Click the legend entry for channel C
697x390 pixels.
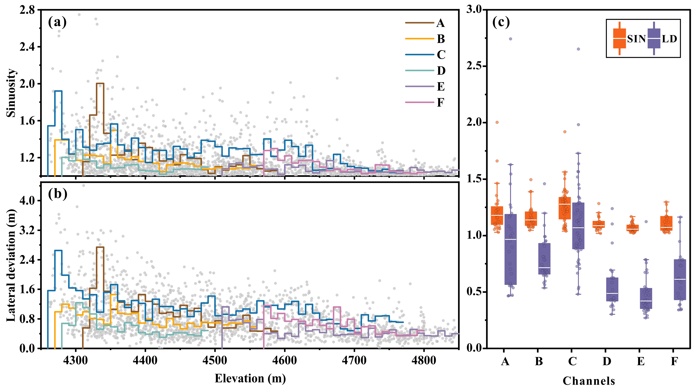pyautogui.click(x=441, y=55)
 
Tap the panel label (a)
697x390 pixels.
pyautogui.click(x=57, y=22)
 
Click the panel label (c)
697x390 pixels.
pyautogui.click(x=501, y=22)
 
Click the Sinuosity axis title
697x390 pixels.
pyautogui.click(x=11, y=93)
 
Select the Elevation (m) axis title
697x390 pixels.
pyautogui.click(x=250, y=378)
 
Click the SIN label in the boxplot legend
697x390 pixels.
pyautogui.click(x=636, y=39)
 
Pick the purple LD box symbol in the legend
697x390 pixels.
pyautogui.click(x=654, y=39)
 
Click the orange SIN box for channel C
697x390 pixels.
pyautogui.click(x=565, y=208)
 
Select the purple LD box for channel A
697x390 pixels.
pyautogui.click(x=511, y=249)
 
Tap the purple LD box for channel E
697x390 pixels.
pyautogui.click(x=646, y=298)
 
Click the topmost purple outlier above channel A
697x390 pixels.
pyautogui.click(x=511, y=39)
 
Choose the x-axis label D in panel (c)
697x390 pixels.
pyautogui.click(x=607, y=361)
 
